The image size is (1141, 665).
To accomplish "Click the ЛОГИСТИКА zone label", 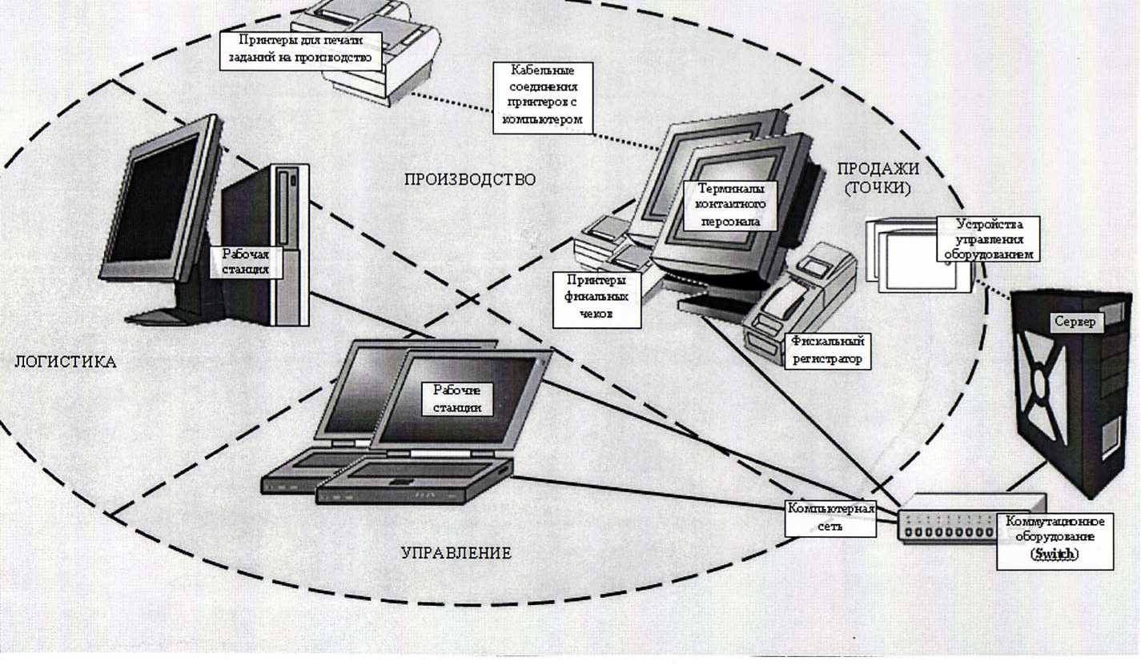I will point(66,363).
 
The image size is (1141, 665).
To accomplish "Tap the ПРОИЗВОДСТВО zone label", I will point(469,179).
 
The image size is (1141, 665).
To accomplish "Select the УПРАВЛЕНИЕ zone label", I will point(456,553).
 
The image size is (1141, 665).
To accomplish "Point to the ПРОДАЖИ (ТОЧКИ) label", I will point(878,178).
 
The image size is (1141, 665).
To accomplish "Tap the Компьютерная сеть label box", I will point(830,517).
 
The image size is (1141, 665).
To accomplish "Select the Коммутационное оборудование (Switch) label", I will point(1055,540).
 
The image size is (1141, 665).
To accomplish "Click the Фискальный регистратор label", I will point(827,350).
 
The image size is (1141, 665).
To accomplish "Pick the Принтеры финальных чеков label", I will point(597,298).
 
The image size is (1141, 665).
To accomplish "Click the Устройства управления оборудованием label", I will point(990,238).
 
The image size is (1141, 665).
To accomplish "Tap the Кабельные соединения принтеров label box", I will point(543,98).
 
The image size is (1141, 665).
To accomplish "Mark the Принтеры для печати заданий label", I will point(299,49).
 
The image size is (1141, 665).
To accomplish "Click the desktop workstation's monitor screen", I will point(152,201).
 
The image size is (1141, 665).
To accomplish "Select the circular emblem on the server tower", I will point(1039,383).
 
